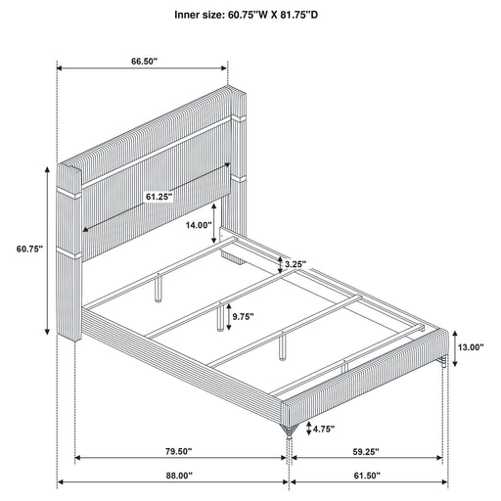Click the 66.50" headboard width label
tap(144, 62)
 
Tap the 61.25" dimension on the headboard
tap(159, 197)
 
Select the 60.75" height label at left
tap(29, 250)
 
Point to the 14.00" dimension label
tap(199, 225)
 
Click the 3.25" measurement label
tap(296, 264)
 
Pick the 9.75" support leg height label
tap(243, 316)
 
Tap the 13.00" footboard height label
tap(471, 347)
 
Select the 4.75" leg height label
tap(324, 429)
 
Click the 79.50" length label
tap(178, 451)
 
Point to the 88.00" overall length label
tap(179, 476)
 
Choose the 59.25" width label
tap(366, 451)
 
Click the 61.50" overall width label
tap(367, 476)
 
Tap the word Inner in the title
tap(186, 15)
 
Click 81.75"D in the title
tap(297, 15)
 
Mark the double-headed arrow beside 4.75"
tap(308, 429)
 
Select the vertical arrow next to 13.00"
tap(455, 347)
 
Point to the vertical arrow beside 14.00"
tap(213, 223)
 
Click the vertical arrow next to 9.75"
tap(229, 316)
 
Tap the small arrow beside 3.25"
tap(280, 264)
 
